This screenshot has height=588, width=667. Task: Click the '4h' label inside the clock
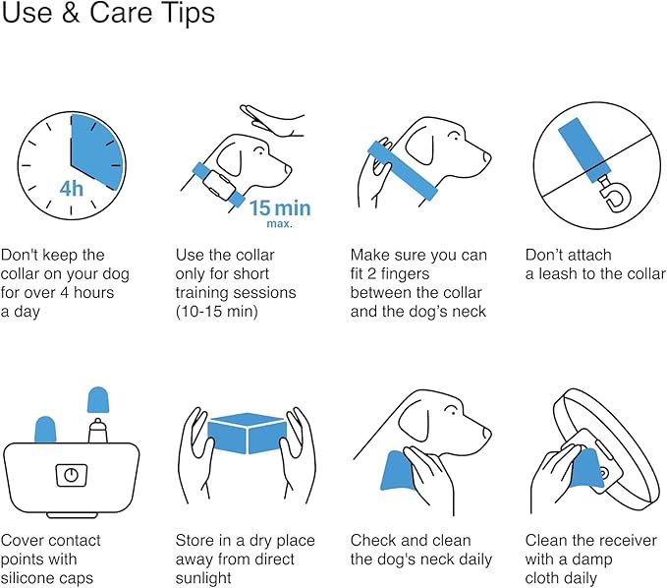[x=71, y=189]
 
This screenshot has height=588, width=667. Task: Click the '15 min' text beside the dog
[x=280, y=208]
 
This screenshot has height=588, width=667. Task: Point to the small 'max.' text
[x=280, y=223]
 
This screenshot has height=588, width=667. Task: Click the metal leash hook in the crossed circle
[x=614, y=194]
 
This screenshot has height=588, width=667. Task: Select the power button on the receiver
[x=72, y=475]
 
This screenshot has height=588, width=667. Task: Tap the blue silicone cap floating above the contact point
[x=98, y=400]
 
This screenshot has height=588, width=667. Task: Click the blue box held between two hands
[x=247, y=433]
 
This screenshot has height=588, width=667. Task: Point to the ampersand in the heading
[x=71, y=13]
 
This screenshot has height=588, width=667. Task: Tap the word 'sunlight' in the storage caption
[x=203, y=578]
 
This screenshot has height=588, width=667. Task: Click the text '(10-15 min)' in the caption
[x=216, y=312]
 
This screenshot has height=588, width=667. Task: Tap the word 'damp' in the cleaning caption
[x=591, y=559]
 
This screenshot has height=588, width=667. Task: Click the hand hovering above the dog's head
[x=272, y=121]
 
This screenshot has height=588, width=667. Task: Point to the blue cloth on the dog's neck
[x=397, y=470]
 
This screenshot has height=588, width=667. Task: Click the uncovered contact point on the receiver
[x=97, y=430]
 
